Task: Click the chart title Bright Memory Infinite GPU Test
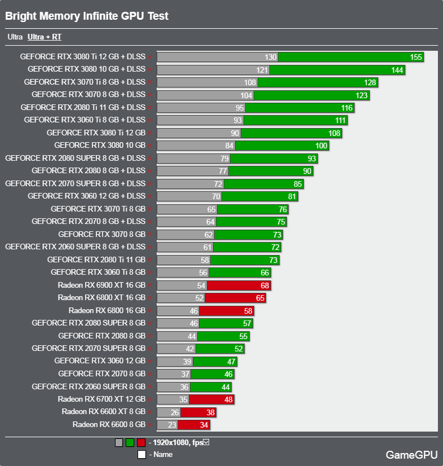(x=87, y=16)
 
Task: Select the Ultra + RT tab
(x=45, y=37)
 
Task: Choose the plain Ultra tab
(x=15, y=37)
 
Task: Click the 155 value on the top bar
(x=416, y=57)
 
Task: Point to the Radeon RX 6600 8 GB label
(x=109, y=424)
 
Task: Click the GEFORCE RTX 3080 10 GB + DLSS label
(x=86, y=69)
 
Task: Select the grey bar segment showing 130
(x=217, y=57)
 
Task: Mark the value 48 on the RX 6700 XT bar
(x=228, y=399)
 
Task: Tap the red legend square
(x=141, y=443)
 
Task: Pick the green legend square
(x=130, y=443)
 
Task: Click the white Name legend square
(x=141, y=454)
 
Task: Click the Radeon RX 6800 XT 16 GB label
(x=101, y=297)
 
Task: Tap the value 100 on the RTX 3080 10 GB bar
(x=321, y=146)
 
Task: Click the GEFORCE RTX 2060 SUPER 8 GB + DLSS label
(x=75, y=247)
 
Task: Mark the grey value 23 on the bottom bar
(x=172, y=425)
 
